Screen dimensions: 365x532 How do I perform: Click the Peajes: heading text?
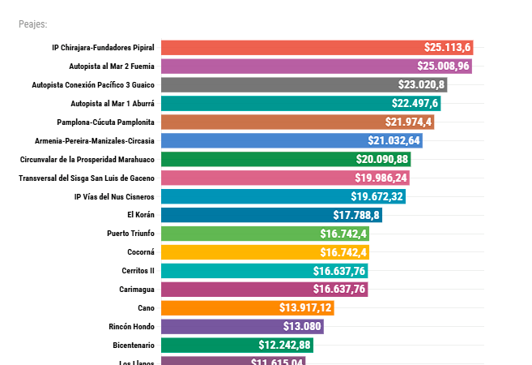32,24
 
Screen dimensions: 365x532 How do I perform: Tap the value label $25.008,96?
443,67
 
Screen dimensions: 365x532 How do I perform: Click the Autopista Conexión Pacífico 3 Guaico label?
93,85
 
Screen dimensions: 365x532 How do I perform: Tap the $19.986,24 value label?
381,178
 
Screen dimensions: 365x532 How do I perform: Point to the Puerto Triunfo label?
130,234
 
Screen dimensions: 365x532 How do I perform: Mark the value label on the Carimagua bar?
339,290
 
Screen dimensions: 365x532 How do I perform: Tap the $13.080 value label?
301,327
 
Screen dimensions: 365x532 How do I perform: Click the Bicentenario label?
133,346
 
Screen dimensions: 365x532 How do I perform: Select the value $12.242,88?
279,346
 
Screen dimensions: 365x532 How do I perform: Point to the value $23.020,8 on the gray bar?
421,85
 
